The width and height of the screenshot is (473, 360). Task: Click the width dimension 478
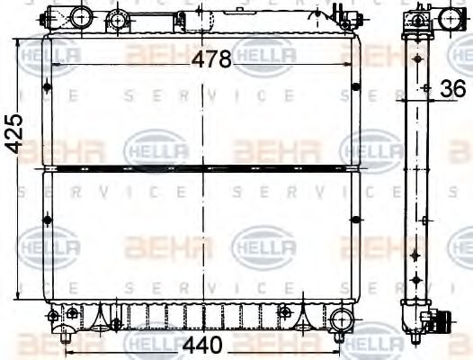click(213, 58)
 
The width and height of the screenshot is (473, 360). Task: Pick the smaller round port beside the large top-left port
click(116, 19)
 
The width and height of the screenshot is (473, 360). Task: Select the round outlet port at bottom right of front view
click(341, 318)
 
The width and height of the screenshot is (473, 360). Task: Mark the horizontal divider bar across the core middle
click(202, 166)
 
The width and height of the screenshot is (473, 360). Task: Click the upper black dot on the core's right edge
click(357, 87)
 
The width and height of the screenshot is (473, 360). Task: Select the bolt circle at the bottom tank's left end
click(54, 315)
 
